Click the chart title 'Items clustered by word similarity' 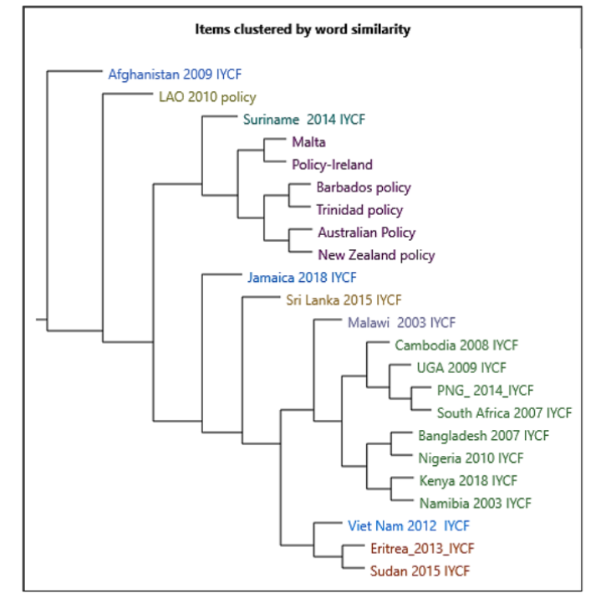click(x=303, y=29)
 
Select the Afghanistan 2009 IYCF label click(x=174, y=74)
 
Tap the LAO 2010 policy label click(x=207, y=96)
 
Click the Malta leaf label click(x=308, y=142)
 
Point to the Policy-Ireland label click(x=332, y=165)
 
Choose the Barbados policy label click(x=364, y=187)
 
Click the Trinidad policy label click(x=359, y=210)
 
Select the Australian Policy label click(x=366, y=232)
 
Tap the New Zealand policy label click(x=376, y=254)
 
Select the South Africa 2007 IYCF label click(x=504, y=412)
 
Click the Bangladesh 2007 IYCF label click(x=483, y=435)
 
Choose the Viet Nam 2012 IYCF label click(x=408, y=525)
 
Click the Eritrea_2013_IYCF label click(x=421, y=549)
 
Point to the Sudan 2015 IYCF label click(x=419, y=571)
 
